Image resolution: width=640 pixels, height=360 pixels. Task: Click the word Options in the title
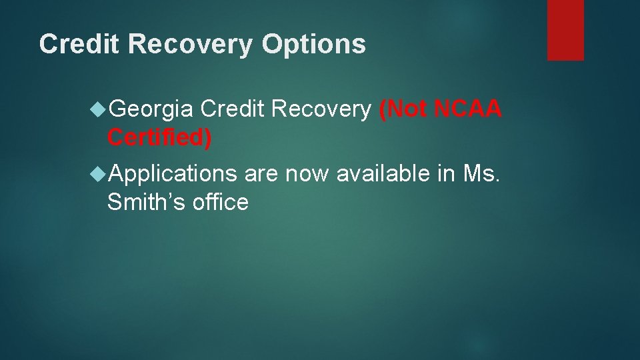point(314,45)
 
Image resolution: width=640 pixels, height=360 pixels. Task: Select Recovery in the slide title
point(191,45)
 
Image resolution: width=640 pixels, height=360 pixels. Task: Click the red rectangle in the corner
point(565,30)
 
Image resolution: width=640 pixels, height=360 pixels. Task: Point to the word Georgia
point(151,109)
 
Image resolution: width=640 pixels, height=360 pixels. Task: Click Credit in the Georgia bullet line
point(231,109)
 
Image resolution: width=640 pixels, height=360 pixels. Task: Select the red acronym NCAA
point(467,109)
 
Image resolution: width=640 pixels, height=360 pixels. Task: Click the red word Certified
point(159,137)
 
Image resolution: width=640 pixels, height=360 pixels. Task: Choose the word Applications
point(172,173)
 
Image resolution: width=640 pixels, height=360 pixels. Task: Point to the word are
point(261,173)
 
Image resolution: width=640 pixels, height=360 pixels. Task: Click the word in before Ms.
point(447,173)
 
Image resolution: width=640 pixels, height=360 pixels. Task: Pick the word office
point(220,202)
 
